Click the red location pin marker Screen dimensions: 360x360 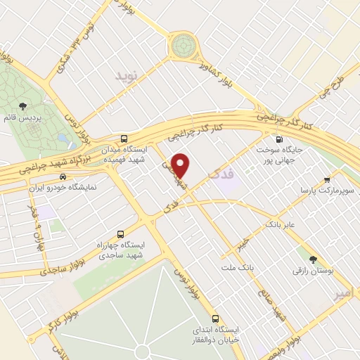point(181,165)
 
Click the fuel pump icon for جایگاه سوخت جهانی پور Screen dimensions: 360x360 point(281,139)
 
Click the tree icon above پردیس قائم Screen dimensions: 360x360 point(22,106)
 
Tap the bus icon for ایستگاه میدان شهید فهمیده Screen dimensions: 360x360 point(124,139)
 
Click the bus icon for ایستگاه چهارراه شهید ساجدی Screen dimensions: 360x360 point(120,233)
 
